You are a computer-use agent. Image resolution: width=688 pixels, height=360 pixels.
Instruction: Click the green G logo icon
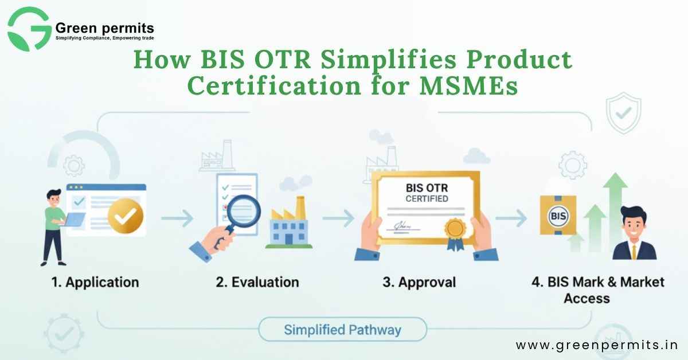pos(29,29)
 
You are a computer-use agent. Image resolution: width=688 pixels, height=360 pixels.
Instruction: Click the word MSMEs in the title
pos(469,87)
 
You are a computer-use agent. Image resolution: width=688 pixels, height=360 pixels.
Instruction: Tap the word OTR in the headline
pos(283,59)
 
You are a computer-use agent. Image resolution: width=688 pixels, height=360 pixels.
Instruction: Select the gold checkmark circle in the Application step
pos(126,216)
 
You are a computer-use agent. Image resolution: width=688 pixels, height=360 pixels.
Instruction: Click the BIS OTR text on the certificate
pos(427,187)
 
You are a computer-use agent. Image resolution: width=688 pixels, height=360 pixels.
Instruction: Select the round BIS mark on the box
pos(558,216)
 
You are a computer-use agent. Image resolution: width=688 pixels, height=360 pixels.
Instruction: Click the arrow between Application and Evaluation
pos(177,218)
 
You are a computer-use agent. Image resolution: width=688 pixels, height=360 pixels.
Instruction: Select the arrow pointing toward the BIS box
pos(511,218)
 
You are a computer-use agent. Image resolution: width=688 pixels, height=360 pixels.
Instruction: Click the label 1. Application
pos(95,282)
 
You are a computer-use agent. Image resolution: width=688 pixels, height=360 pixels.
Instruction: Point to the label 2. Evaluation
pos(257,282)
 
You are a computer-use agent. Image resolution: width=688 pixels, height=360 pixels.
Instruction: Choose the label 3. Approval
pos(419,282)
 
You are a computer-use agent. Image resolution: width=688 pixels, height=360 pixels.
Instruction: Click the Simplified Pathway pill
pos(342,330)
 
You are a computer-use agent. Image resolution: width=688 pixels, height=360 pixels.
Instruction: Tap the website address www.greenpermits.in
pos(597,345)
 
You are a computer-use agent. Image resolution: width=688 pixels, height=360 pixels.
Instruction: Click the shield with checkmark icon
pos(623,113)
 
